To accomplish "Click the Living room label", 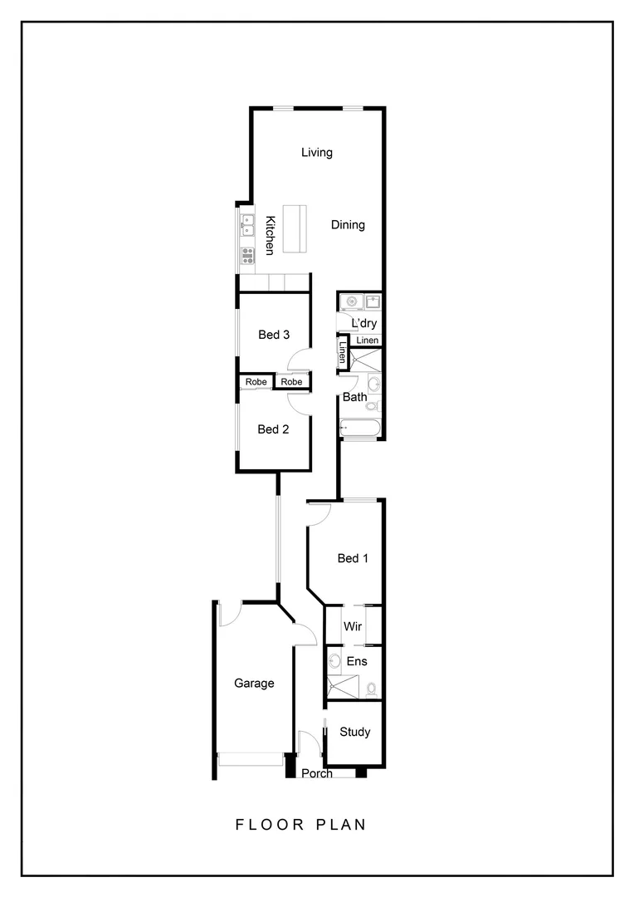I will (316, 152).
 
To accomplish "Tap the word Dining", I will (348, 224).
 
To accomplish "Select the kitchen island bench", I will (295, 228).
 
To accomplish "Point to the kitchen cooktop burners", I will (247, 255).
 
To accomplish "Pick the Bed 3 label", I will (273, 335).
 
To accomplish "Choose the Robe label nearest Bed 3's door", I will (290, 381).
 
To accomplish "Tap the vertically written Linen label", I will (342, 354).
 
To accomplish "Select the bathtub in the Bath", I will (360, 429).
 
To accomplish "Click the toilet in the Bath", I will (373, 406).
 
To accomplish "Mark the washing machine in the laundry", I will (353, 301).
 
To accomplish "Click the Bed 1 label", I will (353, 558).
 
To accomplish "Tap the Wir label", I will (353, 625).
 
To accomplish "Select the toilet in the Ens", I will (371, 689).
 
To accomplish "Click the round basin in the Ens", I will (334, 662).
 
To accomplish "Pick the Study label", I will (354, 732).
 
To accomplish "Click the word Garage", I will (253, 684).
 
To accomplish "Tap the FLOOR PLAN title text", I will (300, 825).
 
